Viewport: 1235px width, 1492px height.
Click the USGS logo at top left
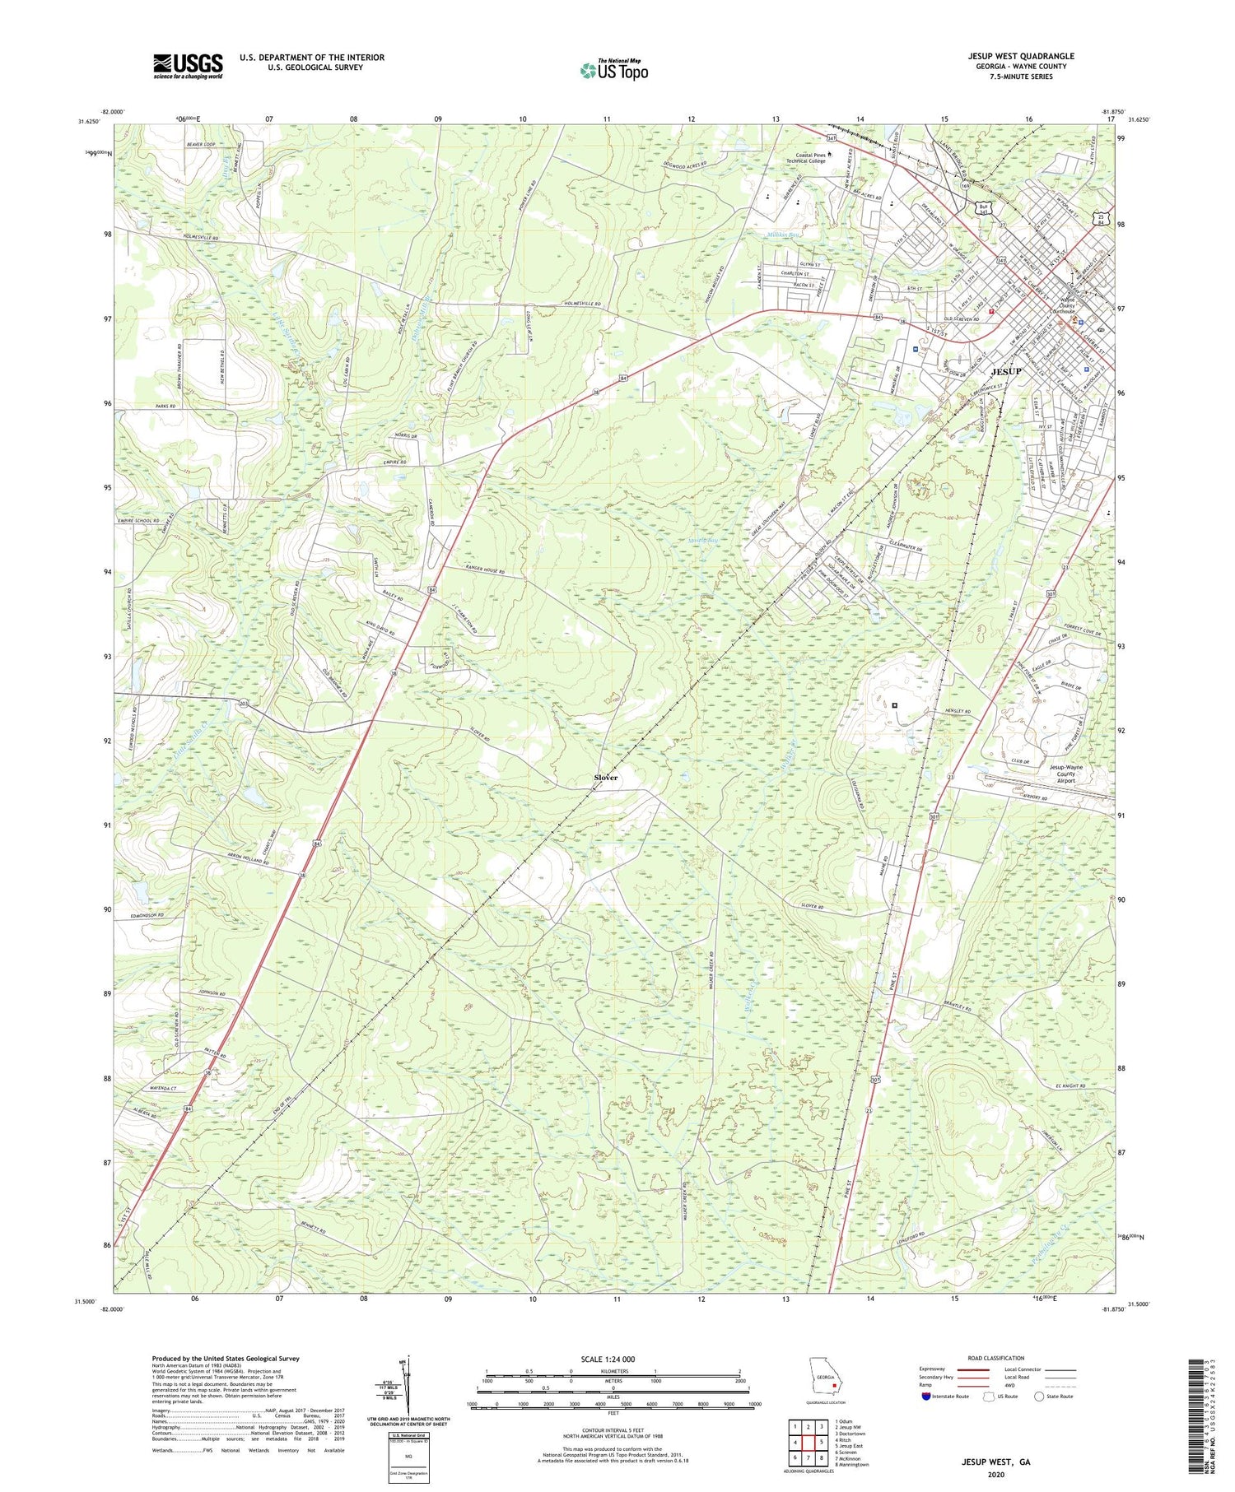pos(188,66)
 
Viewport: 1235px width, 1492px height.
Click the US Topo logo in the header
pos(613,70)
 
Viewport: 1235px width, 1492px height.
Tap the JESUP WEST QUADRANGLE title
pos(1021,56)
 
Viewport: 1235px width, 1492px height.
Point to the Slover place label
pos(606,777)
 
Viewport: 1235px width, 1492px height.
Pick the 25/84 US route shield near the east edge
pos(1101,218)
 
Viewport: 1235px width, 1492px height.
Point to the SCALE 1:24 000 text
pos(605,1359)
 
